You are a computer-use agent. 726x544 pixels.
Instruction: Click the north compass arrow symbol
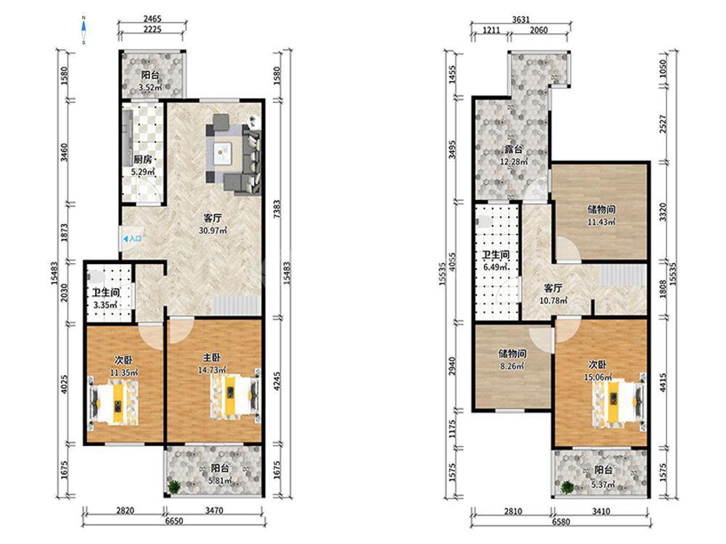[83, 30]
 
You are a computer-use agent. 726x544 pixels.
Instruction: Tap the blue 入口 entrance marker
[132, 239]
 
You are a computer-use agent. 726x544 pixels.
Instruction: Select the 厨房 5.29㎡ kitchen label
[142, 165]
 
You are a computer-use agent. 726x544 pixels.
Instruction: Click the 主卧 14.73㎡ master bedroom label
[212, 363]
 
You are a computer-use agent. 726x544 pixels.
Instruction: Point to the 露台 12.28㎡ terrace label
[513, 155]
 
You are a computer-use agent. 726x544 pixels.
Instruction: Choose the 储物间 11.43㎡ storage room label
[601, 215]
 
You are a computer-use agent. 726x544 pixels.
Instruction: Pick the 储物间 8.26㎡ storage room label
[512, 360]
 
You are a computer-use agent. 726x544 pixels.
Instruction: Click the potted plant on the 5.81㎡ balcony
[174, 487]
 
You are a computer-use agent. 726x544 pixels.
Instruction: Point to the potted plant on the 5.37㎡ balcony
[567, 487]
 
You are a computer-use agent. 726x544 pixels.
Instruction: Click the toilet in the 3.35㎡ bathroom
[95, 276]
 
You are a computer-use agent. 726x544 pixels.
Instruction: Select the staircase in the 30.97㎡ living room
[236, 306]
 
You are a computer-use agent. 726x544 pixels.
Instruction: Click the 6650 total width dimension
[174, 521]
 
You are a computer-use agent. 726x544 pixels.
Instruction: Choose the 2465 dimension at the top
[152, 19]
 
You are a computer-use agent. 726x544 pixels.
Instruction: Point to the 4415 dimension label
[663, 382]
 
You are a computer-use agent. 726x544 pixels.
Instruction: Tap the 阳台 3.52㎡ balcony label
[151, 81]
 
